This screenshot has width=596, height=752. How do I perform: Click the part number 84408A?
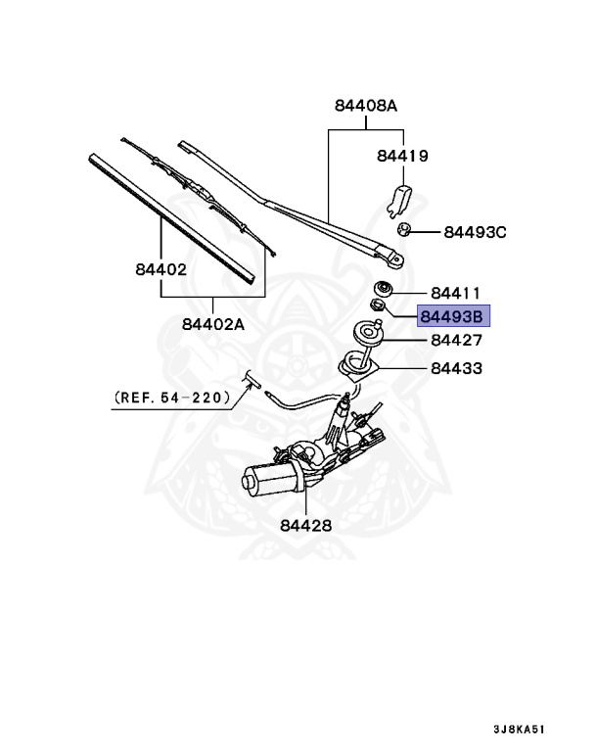pos(365,106)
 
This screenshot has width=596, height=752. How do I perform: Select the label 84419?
pos(402,156)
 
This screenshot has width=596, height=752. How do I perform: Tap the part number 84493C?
pos(475,232)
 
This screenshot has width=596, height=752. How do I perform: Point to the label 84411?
pos(456,293)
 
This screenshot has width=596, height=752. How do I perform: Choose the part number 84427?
pos(456,341)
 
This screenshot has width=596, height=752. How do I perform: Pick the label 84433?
pos(456,369)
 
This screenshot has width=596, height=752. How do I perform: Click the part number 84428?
pos(305,525)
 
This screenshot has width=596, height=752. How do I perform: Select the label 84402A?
pos(212,322)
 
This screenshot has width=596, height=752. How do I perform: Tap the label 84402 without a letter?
pos(155,267)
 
